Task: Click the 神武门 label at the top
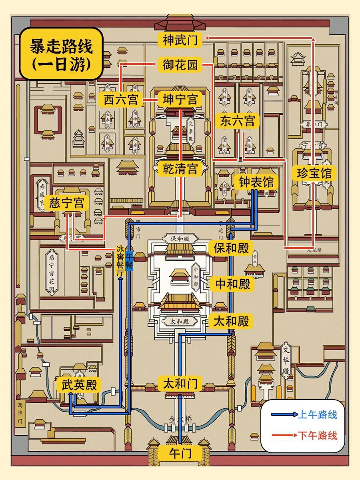pyautogui.click(x=180, y=40)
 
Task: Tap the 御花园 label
pyautogui.click(x=180, y=65)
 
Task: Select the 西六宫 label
pyautogui.click(x=121, y=100)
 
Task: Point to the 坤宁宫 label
pyautogui.click(x=180, y=100)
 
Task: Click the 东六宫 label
pyautogui.click(x=237, y=121)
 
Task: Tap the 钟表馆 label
pyautogui.click(x=256, y=182)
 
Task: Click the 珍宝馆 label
pyautogui.click(x=314, y=173)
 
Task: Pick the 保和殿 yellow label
pyautogui.click(x=231, y=248)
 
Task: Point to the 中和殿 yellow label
pyautogui.click(x=232, y=284)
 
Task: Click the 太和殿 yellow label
pyautogui.click(x=231, y=321)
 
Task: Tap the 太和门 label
pyautogui.click(x=180, y=384)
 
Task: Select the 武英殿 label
pyautogui.click(x=79, y=385)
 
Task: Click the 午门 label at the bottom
pyautogui.click(x=180, y=454)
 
